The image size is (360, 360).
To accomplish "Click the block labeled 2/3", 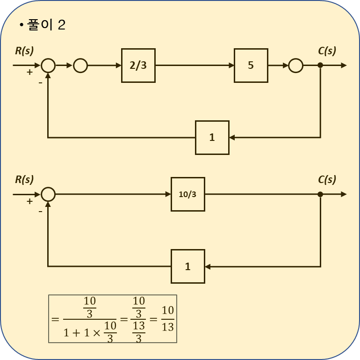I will (x=138, y=66).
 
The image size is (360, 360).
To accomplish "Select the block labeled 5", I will (x=251, y=66).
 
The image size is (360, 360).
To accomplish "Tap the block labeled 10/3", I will (x=187, y=194).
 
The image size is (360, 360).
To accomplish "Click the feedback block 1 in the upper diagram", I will (x=212, y=138).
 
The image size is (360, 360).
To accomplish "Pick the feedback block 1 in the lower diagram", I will (x=187, y=266).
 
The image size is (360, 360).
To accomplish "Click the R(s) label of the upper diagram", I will (x=24, y=51).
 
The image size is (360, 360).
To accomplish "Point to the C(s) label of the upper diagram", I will (x=327, y=51).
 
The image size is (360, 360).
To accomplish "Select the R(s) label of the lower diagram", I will (x=24, y=180).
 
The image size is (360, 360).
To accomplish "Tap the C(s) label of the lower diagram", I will (x=327, y=180).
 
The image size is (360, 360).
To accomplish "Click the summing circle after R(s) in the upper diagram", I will (x=48, y=66).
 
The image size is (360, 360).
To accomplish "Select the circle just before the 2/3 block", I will (x=80, y=66).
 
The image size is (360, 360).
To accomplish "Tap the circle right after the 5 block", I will (x=295, y=66).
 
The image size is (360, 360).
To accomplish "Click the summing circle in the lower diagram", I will (x=48, y=194).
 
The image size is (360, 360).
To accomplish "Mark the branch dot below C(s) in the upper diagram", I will (x=320, y=65).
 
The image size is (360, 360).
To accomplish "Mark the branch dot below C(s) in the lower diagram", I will (x=320, y=194).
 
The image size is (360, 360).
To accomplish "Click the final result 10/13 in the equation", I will (x=167, y=319).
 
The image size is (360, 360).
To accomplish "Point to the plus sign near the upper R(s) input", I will (x=29, y=72).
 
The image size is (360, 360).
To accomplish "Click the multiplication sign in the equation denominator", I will (x=96, y=333).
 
